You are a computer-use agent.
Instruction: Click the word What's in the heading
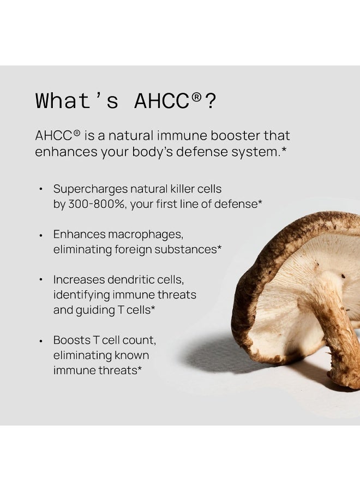point(77,101)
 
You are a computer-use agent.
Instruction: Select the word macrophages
point(146,234)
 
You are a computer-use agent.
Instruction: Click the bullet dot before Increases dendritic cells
point(40,280)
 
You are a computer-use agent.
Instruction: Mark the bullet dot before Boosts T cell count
point(40,340)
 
